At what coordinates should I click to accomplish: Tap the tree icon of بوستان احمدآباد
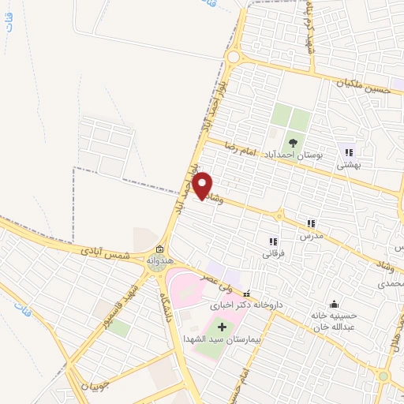click(293, 143)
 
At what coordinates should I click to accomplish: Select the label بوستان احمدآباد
click(292, 155)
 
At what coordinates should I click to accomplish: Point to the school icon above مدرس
click(311, 224)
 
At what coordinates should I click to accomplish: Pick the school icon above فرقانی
click(273, 241)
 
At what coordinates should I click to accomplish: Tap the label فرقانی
click(272, 254)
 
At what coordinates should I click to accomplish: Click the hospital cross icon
click(221, 326)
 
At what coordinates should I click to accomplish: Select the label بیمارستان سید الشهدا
click(222, 339)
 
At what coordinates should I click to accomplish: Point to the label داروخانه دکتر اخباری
click(246, 304)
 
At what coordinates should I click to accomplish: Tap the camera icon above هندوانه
click(159, 249)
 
